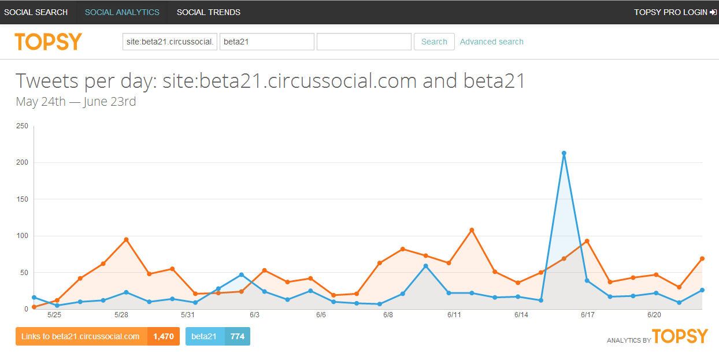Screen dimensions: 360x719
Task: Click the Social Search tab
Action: point(36,12)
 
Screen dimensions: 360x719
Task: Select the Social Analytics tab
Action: point(122,12)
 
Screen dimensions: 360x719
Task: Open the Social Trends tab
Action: point(209,12)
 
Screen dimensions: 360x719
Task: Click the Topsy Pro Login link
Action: point(674,12)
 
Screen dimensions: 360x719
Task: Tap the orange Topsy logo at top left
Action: point(49,42)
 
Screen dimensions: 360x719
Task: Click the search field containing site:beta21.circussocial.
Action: point(170,42)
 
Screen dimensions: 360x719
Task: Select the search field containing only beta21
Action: point(266,42)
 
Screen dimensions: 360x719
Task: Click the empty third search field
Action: point(364,42)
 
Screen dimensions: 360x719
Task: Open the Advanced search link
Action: point(491,42)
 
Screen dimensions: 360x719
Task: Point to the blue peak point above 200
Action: point(564,153)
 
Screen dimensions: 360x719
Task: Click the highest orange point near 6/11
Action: point(472,230)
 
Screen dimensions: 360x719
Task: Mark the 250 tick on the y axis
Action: point(22,126)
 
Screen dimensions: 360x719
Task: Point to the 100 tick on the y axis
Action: point(22,236)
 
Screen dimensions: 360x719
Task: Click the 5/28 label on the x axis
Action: point(121,315)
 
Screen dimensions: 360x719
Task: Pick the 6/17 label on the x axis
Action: point(587,315)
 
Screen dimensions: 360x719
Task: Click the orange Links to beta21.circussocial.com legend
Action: point(81,336)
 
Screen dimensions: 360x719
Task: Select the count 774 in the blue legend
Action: point(237,336)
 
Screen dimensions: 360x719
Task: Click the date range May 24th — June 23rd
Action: point(76,102)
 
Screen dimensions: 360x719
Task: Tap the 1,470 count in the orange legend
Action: point(164,336)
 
